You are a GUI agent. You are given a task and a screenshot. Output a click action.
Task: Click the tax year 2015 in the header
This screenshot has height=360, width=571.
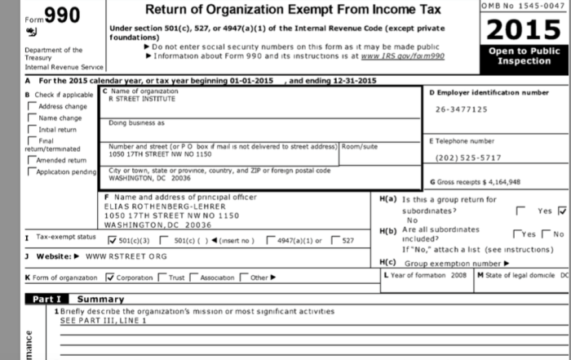coord(525,32)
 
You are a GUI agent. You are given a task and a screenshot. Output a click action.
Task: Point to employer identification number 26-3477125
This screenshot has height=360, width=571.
coord(461,109)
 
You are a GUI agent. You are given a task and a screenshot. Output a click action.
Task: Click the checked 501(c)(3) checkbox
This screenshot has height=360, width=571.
coord(113,240)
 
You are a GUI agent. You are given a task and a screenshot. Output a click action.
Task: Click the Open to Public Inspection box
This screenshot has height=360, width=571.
coord(525,56)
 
